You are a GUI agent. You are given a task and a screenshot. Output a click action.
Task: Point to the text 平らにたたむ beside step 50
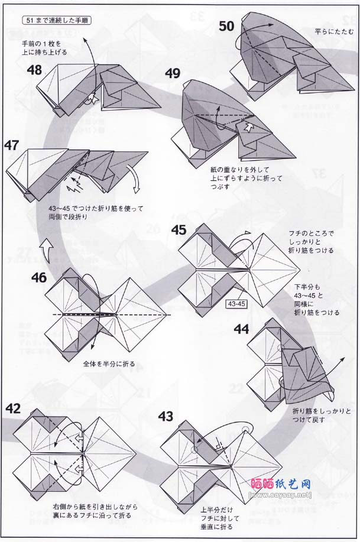335,32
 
